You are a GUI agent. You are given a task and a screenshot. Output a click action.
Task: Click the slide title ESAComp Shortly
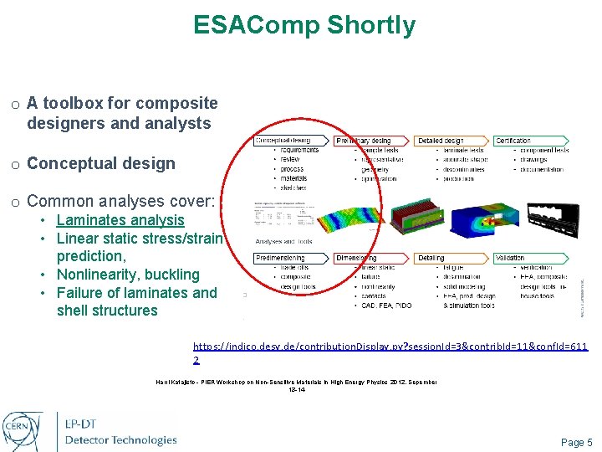[x=304, y=25]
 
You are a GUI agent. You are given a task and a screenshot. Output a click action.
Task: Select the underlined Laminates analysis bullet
[x=120, y=220]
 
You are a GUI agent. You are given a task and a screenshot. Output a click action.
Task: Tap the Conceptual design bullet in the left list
[x=101, y=163]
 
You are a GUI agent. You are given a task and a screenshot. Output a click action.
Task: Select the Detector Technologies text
[x=121, y=439]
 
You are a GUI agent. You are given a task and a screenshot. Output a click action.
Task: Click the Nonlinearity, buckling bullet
[x=128, y=275]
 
